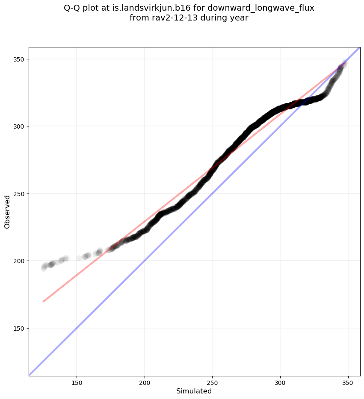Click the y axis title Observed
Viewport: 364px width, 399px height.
pyautogui.click(x=7, y=211)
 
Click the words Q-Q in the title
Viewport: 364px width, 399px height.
pyautogui.click(x=72, y=8)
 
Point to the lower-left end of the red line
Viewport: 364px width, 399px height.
pyautogui.click(x=44, y=302)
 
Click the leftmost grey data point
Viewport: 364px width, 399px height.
pyautogui.click(x=44, y=268)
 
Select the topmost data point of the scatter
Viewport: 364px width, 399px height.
pyautogui.click(x=345, y=63)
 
